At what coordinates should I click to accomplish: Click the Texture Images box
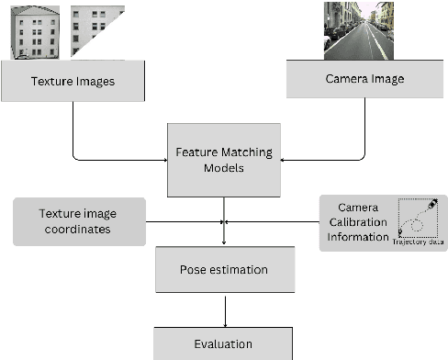pyautogui.click(x=73, y=81)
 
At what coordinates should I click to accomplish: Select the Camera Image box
pyautogui.click(x=364, y=79)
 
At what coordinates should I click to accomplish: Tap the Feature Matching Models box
pyautogui.click(x=223, y=157)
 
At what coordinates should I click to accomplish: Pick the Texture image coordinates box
pyautogui.click(x=78, y=221)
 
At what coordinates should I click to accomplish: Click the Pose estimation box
pyautogui.click(x=224, y=270)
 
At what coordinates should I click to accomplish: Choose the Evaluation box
pyautogui.click(x=223, y=344)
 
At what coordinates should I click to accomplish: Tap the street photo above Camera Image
pyautogui.click(x=359, y=30)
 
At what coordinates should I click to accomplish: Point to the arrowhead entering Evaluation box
pyautogui.click(x=224, y=322)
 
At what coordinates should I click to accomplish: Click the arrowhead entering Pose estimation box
pyautogui.click(x=224, y=242)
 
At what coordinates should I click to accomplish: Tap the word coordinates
pyautogui.click(x=78, y=229)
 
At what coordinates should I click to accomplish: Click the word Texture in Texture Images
pyautogui.click(x=51, y=81)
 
